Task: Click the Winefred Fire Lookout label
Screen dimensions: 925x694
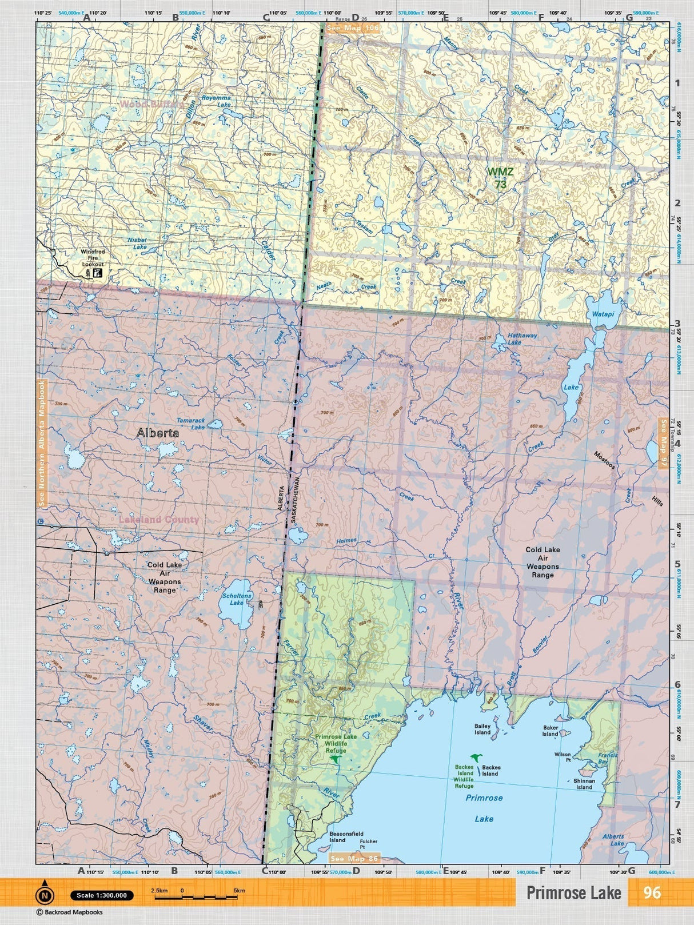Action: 93,258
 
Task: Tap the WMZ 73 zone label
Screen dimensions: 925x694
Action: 500,178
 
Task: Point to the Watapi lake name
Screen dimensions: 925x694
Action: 603,314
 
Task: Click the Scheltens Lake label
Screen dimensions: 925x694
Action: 237,599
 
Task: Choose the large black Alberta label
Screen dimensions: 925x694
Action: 158,433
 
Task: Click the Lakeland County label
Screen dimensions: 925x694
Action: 159,520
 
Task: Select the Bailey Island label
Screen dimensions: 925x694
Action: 482,729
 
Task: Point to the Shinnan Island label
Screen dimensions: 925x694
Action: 584,784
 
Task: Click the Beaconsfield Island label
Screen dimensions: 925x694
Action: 346,837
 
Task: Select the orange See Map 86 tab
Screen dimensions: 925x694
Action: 354,859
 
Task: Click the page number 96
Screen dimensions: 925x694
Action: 652,893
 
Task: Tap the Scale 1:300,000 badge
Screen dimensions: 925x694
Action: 102,895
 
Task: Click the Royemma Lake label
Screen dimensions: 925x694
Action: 217,101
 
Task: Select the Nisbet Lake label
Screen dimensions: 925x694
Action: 137,244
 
